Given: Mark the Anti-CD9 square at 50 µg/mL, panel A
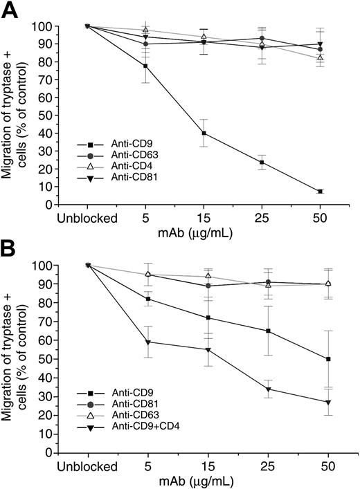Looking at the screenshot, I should point(320,192).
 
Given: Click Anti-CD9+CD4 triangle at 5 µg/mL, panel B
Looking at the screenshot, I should point(146,342).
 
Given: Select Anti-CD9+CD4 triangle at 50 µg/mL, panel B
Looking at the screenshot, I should point(320,402).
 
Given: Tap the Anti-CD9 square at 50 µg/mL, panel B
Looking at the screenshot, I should point(320,359).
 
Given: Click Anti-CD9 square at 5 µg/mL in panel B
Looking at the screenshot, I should point(146,299).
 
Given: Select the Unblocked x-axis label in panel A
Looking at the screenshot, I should point(87,217).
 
